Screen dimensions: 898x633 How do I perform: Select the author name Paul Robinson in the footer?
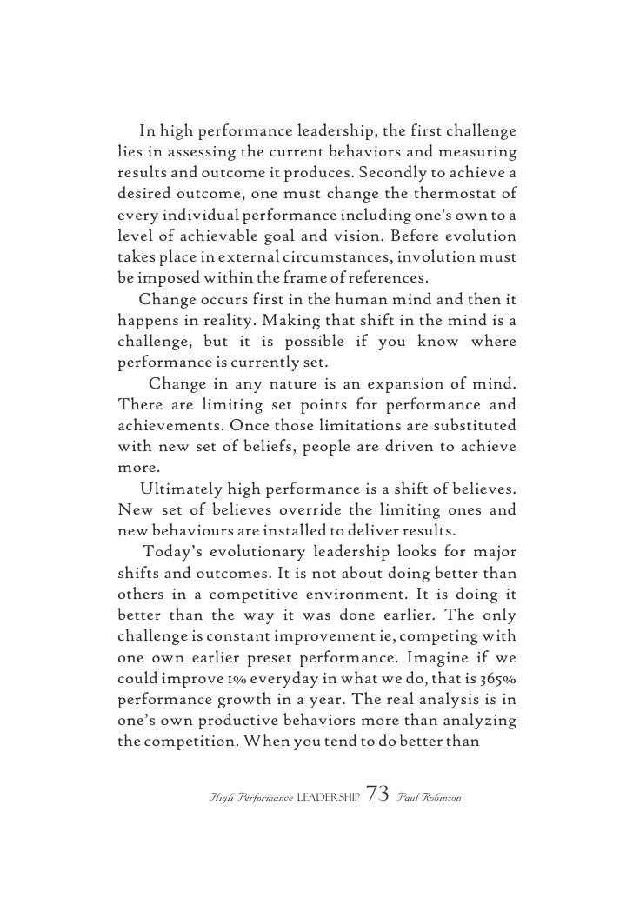pyautogui.click(x=432, y=798)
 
